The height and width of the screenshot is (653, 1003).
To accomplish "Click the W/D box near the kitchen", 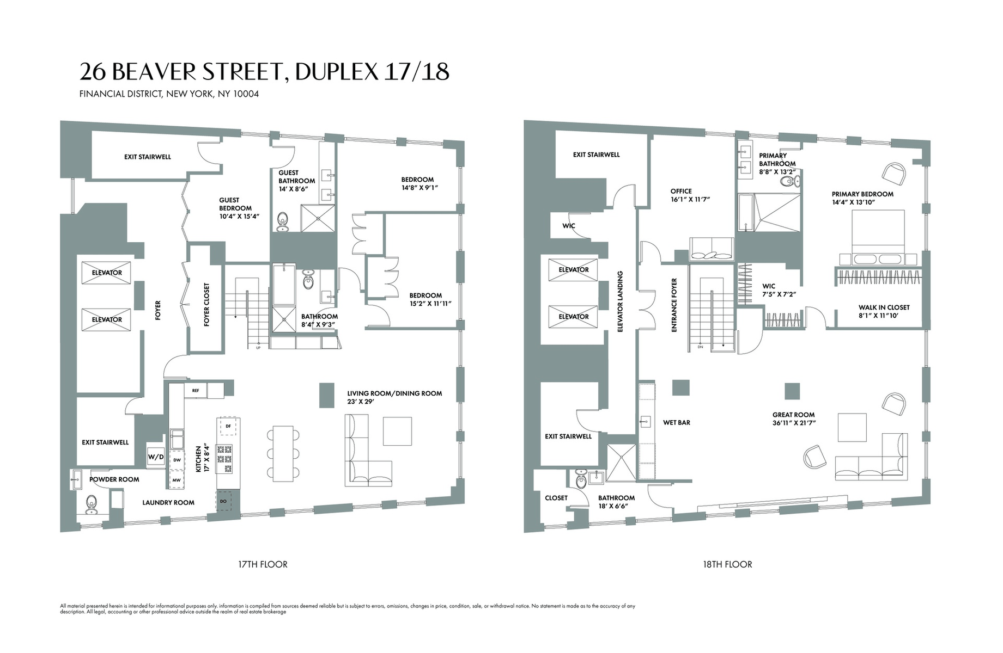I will (x=155, y=457).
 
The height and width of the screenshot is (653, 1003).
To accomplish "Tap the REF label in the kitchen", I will (x=196, y=390).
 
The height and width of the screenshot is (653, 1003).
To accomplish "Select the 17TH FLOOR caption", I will (x=263, y=564).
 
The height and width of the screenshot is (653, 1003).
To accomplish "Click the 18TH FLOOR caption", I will (x=727, y=564).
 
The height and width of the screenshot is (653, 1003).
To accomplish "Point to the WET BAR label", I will (x=677, y=422).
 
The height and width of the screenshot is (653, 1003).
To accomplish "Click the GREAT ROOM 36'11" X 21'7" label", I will (x=793, y=418).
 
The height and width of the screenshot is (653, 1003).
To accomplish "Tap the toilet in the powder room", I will (x=91, y=504).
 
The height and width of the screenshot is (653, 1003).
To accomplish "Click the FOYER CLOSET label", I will (x=206, y=305).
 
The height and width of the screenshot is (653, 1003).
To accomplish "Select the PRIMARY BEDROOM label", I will (x=862, y=194).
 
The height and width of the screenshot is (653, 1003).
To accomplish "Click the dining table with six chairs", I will (x=283, y=453).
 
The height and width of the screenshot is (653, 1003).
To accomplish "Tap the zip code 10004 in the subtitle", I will (x=246, y=94).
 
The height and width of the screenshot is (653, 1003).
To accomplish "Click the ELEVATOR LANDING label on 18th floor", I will (x=620, y=301).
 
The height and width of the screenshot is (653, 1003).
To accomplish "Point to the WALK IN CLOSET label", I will (x=884, y=307).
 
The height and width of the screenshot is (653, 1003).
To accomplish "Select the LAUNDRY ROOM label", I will (x=168, y=502).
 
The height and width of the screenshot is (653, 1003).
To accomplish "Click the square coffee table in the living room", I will (x=397, y=431).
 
